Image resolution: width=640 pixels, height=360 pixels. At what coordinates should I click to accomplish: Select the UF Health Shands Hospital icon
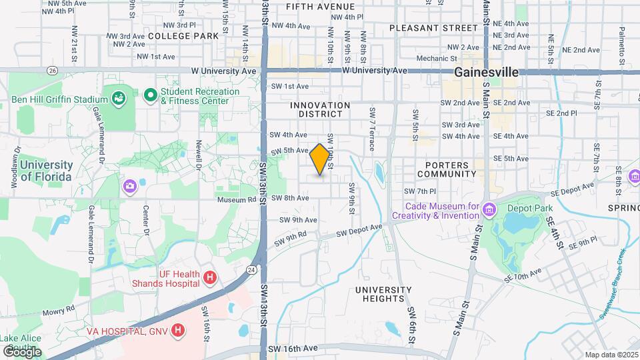210,277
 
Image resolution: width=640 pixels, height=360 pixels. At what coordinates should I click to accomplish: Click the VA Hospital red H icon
177,330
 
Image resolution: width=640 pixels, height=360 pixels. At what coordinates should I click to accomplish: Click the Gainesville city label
487,72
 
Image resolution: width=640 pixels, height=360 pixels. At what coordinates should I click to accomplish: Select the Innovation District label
320,110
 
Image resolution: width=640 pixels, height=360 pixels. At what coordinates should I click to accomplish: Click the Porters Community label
443,169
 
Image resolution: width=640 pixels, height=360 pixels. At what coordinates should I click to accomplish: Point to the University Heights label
383,295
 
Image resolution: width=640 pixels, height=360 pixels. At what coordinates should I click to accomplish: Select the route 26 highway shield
52,70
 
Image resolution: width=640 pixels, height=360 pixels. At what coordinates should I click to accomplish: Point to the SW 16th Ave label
293,349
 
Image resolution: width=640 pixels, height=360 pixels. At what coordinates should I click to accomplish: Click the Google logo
21,351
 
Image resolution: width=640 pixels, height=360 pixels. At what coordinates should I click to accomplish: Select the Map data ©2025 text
611,355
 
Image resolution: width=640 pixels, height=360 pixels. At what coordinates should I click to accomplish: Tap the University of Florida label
45,171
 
